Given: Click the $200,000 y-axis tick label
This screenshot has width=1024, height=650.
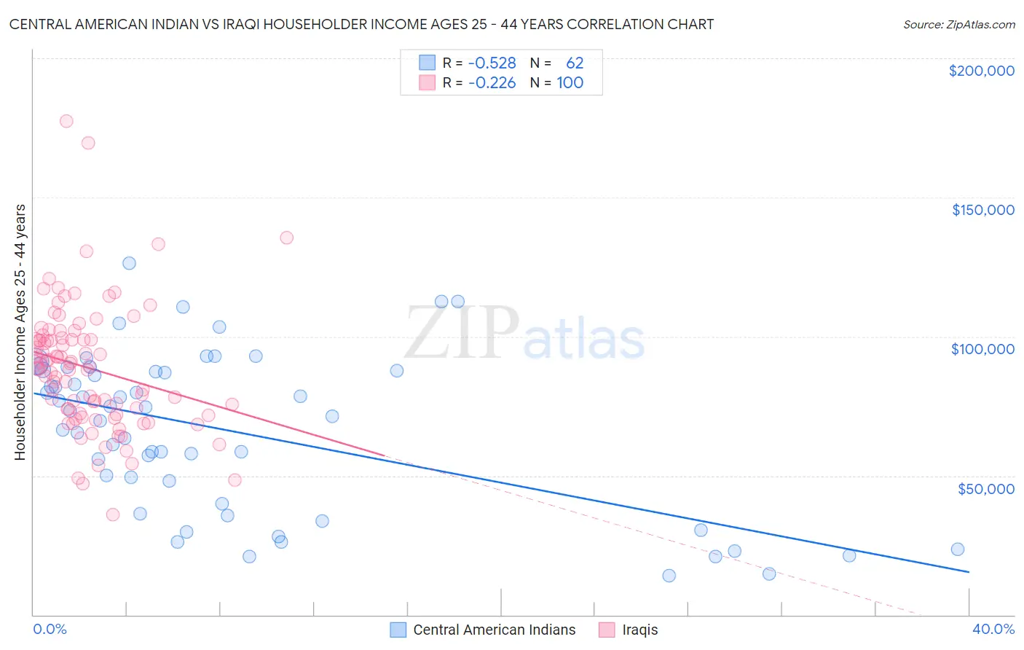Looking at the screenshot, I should (981, 71).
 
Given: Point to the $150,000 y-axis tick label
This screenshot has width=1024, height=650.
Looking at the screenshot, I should (982, 210).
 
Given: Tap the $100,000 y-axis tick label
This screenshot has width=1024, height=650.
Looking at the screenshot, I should (982, 349).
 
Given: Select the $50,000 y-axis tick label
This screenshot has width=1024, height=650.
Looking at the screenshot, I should (985, 488).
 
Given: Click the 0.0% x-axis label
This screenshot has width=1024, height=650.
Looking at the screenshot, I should (50, 629).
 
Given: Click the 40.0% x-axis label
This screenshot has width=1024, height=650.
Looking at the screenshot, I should (993, 629).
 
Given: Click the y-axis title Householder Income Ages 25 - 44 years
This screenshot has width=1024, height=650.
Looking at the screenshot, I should (20, 332).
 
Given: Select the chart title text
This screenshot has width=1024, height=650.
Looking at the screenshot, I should (361, 24).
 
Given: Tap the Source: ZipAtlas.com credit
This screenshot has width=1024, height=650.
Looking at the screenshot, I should (958, 24).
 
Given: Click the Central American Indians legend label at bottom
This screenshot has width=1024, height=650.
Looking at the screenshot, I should (494, 630).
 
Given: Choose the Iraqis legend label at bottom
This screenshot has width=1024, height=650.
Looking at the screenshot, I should (639, 630).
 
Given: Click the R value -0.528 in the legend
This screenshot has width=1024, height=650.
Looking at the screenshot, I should (492, 63).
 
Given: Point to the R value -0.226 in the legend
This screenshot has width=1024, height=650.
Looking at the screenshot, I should (492, 82).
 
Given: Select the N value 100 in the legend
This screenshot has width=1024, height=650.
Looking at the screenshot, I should (570, 82).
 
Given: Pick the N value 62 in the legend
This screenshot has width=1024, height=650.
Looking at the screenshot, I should (575, 63).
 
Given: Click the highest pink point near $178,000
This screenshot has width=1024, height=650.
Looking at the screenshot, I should (66, 121).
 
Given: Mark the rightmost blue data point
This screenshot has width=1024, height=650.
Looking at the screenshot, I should (958, 549).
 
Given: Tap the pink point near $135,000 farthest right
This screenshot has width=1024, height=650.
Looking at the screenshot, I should (286, 238).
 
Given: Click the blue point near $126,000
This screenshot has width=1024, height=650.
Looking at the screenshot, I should (129, 263).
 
